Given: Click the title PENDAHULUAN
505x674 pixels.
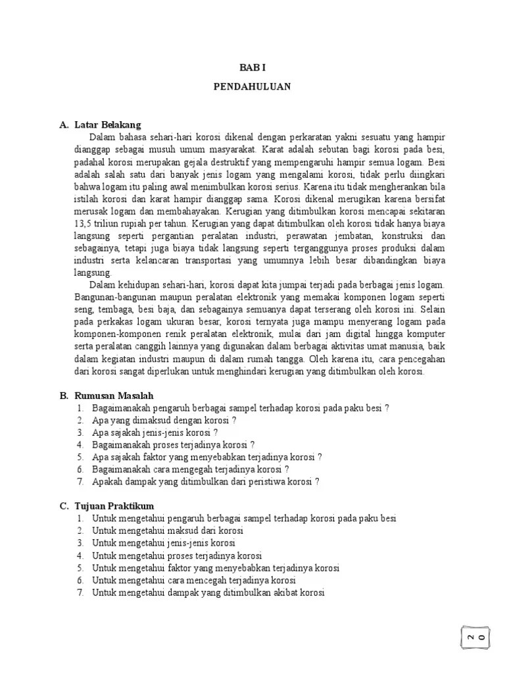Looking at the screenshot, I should coord(252,86).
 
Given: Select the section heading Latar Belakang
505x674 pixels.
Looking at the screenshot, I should coord(108,124).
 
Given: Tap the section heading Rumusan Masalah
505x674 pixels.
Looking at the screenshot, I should coord(114,396).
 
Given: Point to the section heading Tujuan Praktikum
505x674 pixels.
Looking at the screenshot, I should coord(114,505).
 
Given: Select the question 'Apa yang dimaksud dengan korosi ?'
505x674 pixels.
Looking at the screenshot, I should coord(164,420).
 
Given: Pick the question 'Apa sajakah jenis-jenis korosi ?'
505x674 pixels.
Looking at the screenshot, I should coord(155,432).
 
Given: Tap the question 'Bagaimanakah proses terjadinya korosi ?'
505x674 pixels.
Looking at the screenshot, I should coord(174,444).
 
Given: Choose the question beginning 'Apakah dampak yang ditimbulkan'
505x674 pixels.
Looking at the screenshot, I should coord(206,481).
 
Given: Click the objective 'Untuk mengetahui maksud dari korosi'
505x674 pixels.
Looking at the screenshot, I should coord(168,531).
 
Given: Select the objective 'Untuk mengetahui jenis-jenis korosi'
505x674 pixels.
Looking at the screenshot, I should coord(164,543).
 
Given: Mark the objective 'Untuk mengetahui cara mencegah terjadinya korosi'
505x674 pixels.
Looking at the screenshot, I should coord(194,580).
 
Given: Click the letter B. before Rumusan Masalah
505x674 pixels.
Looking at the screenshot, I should coord(64,396).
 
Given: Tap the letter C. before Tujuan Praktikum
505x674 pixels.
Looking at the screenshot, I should coord(64,505).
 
